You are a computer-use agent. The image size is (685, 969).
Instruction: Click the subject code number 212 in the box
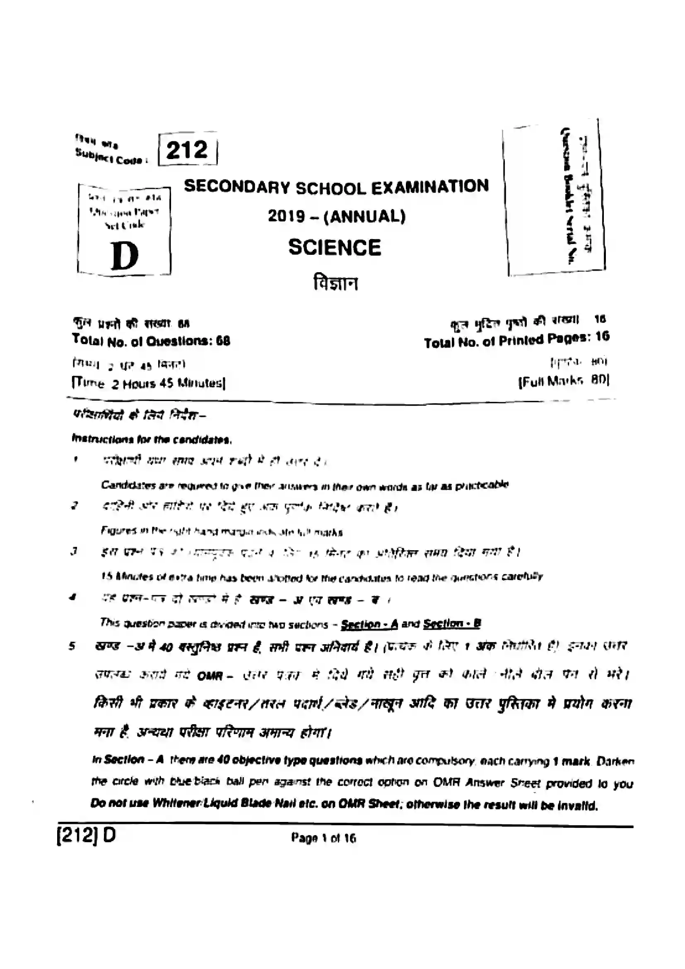187,150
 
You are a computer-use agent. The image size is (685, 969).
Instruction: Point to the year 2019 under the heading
287,216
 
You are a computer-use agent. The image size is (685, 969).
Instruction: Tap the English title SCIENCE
335,247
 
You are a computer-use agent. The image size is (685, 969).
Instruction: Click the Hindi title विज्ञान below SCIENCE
335,283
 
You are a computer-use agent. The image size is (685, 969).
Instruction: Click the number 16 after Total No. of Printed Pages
603,337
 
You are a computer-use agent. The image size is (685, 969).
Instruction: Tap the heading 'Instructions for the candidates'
152,440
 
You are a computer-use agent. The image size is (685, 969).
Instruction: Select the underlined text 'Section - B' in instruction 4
452,623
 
